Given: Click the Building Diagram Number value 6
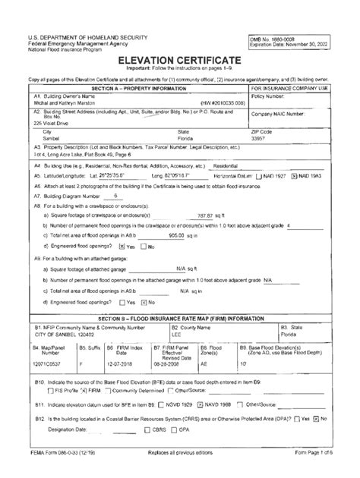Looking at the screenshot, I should [x=115, y=196].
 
